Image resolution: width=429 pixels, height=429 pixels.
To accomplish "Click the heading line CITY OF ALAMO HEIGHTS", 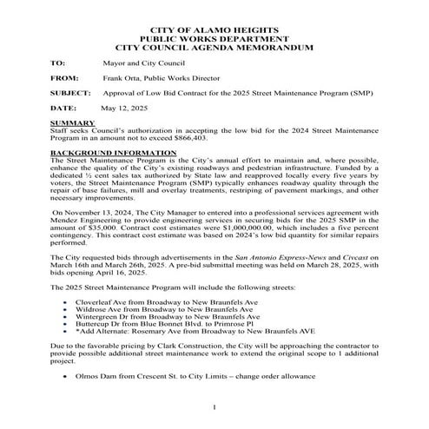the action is coord(214,30).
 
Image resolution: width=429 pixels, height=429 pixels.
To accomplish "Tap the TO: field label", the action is coord(58,63).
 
